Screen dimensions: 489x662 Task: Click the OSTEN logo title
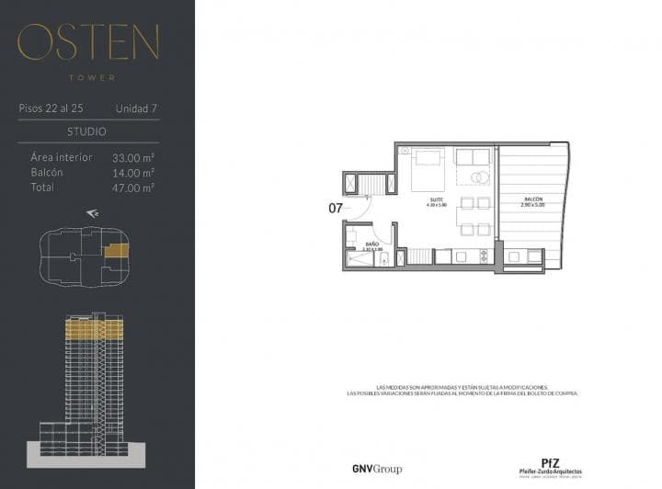[88, 41]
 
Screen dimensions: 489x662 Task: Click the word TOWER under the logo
[89, 78]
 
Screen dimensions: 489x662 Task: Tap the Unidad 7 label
[136, 108]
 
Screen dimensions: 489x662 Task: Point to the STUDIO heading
[87, 131]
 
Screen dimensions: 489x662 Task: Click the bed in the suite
[426, 168]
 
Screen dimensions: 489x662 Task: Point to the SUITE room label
[438, 199]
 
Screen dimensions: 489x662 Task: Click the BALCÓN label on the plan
[532, 199]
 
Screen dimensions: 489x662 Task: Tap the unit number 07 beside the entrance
[336, 208]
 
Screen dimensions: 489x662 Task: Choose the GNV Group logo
[377, 469]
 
